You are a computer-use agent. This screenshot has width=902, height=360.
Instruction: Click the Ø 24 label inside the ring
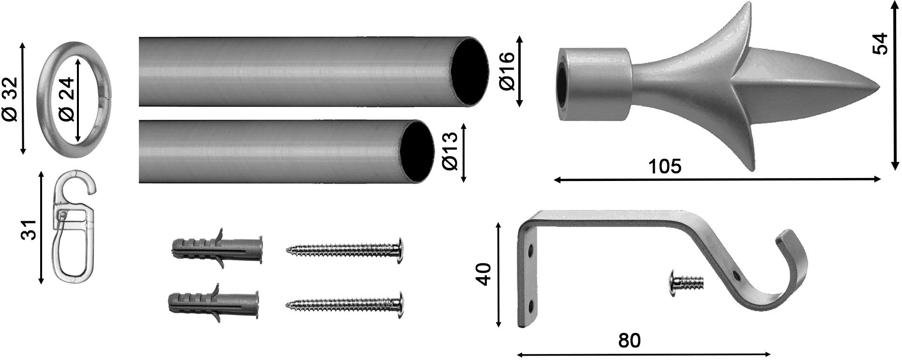[x=67, y=99]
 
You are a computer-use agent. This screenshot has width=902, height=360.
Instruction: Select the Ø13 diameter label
[x=451, y=152]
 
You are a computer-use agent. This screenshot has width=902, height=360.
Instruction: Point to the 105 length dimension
[x=664, y=166]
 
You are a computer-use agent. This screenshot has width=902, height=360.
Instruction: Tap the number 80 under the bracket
[x=629, y=341]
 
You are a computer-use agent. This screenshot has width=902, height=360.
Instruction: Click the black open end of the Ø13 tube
[x=416, y=151]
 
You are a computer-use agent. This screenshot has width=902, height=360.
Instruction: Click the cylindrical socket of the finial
[x=593, y=83]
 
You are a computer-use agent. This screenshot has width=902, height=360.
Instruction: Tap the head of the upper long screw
[x=400, y=249]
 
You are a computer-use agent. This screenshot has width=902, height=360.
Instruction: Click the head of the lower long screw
[x=400, y=304]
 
